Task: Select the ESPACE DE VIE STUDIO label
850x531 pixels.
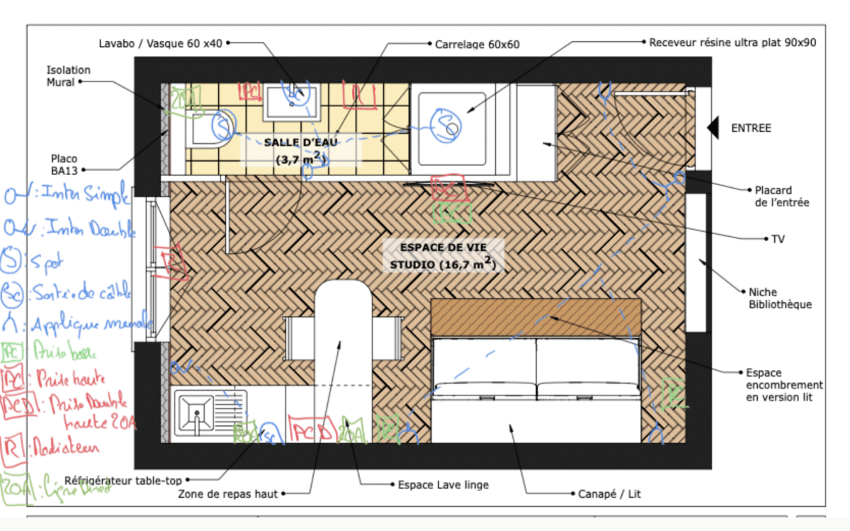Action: coord(443,256)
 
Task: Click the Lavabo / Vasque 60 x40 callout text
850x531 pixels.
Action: coord(160,43)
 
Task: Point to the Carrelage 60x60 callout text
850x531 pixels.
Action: coord(477,44)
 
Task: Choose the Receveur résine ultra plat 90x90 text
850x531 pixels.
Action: coord(733,43)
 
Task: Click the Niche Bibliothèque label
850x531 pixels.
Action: coord(780,298)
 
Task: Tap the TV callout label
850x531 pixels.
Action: coord(777,239)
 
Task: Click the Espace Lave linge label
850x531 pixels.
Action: coord(443,485)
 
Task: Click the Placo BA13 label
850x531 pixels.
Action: coord(64,164)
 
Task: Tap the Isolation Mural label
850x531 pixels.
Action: coord(69,75)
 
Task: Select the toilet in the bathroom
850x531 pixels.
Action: coord(212,128)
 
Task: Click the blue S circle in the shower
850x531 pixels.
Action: coord(448,125)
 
